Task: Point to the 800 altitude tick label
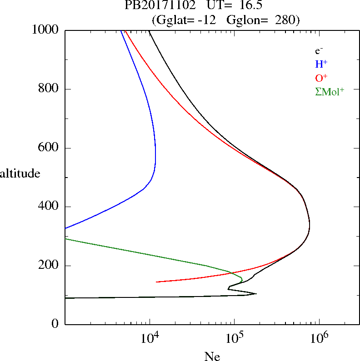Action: [50, 89]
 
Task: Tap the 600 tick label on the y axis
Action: [50, 148]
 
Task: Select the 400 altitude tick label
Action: [50, 207]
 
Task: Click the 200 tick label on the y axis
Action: [50, 266]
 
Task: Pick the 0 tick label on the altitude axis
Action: [56, 324]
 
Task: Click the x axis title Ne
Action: [211, 356]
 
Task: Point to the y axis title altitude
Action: [20, 174]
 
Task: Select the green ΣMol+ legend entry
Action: [330, 91]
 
